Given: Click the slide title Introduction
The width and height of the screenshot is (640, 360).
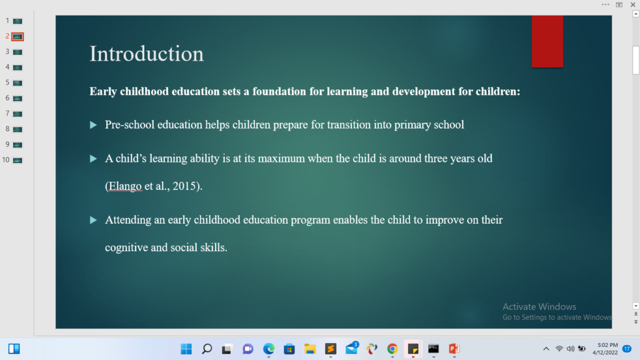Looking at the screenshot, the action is pyautogui.click(x=146, y=54).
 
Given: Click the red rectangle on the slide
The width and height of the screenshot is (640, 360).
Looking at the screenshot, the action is pyautogui.click(x=547, y=41).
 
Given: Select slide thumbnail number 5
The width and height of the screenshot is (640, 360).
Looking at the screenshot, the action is pyautogui.click(x=17, y=83).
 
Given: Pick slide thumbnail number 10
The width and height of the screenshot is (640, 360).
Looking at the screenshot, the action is pyautogui.click(x=17, y=161).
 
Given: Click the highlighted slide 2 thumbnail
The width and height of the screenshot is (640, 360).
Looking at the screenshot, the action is pyautogui.click(x=17, y=37).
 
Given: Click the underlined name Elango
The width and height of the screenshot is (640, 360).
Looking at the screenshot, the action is pyautogui.click(x=125, y=186).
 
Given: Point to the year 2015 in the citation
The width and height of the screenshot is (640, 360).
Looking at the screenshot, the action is pyautogui.click(x=184, y=186).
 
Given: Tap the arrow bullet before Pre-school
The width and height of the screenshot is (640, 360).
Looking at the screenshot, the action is pyautogui.click(x=94, y=125).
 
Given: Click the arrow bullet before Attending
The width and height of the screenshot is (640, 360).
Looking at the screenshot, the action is pyautogui.click(x=94, y=220).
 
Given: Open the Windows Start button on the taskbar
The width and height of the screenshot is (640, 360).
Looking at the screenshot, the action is pyautogui.click(x=186, y=349).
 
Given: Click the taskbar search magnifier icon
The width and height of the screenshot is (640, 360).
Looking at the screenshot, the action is pyautogui.click(x=207, y=349).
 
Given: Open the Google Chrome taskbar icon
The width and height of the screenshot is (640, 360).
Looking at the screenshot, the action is pyautogui.click(x=392, y=349).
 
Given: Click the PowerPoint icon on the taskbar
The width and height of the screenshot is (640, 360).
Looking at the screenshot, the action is pyautogui.click(x=454, y=349).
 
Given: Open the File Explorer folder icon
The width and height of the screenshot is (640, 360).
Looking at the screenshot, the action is pyautogui.click(x=310, y=349).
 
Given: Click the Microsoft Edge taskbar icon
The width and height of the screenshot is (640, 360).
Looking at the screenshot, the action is pyautogui.click(x=269, y=349).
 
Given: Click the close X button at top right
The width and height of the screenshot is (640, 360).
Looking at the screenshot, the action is pyautogui.click(x=632, y=5).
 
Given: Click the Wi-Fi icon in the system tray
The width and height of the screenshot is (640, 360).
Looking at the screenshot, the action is pyautogui.click(x=559, y=349).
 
